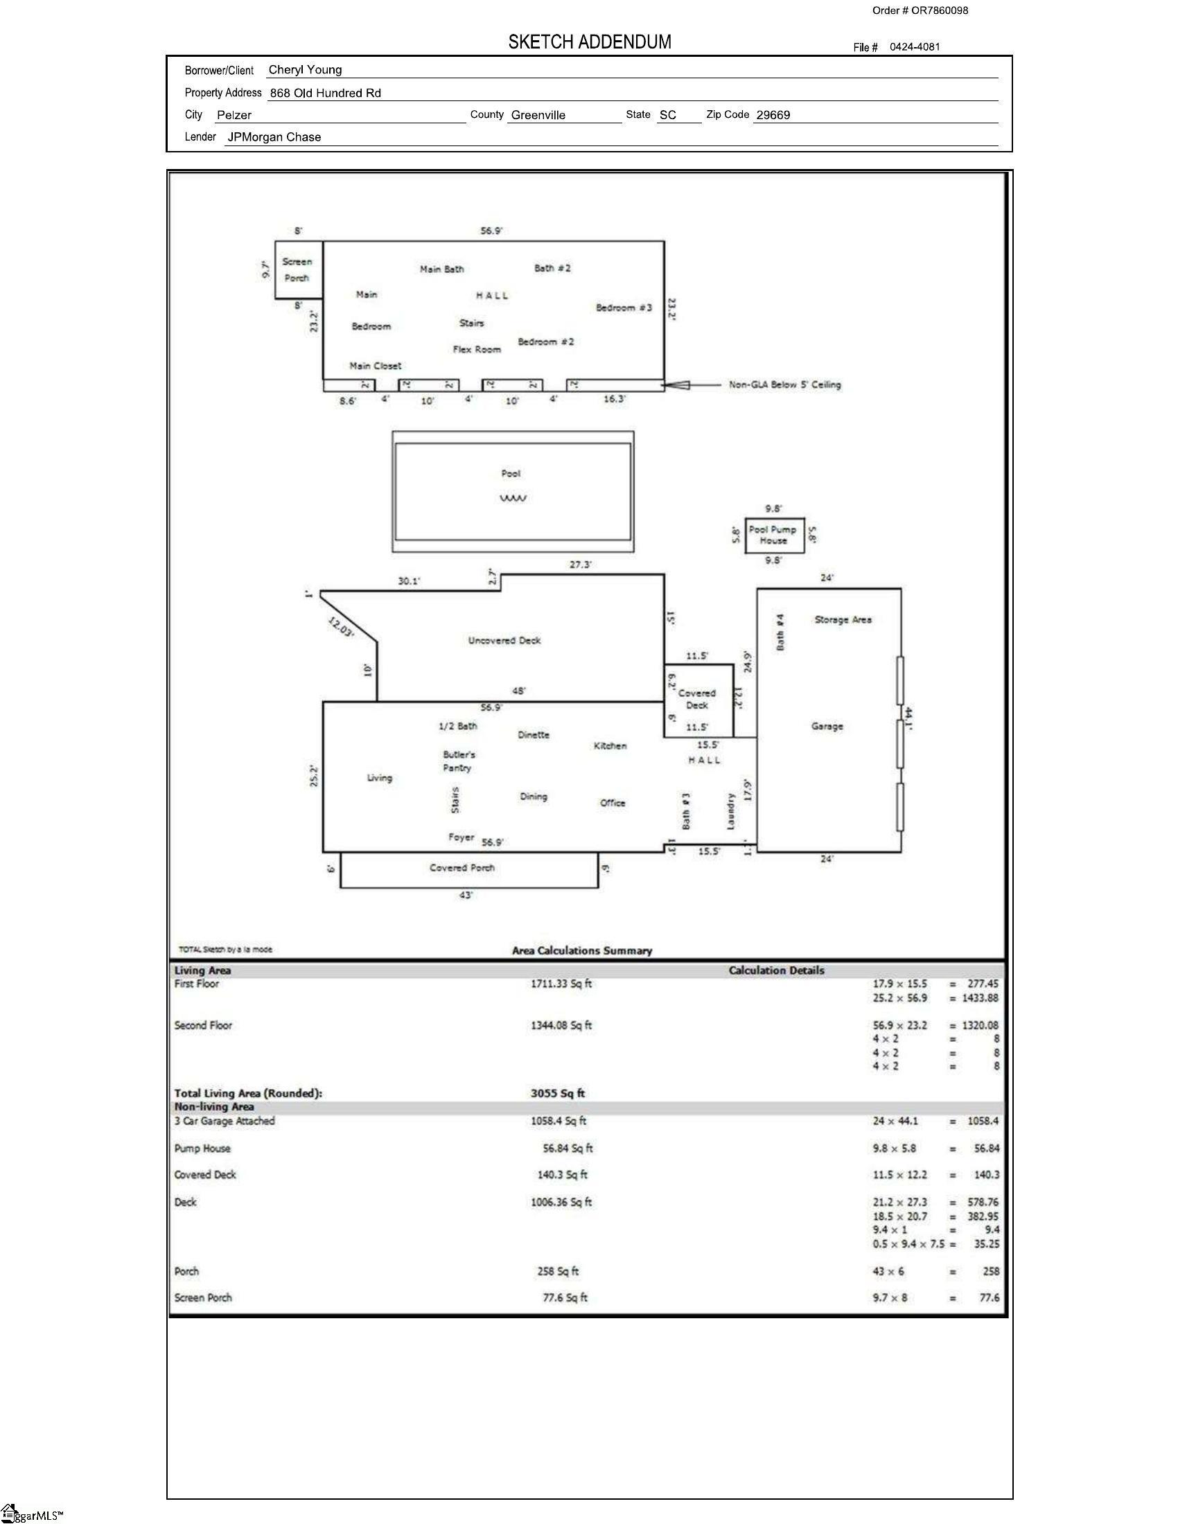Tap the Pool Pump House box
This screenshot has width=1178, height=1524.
click(775, 535)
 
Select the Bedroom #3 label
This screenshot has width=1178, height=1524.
click(624, 308)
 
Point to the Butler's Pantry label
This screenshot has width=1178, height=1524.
click(459, 761)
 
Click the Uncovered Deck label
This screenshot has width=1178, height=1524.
click(504, 641)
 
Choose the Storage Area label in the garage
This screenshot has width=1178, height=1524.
click(843, 620)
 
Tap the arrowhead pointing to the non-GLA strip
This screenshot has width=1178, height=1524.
click(676, 384)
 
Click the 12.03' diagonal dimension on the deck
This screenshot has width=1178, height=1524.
click(341, 628)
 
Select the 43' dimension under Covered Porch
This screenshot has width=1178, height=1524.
click(466, 895)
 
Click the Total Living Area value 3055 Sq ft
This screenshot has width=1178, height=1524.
click(558, 1093)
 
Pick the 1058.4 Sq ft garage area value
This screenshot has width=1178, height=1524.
click(559, 1122)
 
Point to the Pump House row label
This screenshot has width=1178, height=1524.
click(202, 1149)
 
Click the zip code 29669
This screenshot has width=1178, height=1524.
click(773, 115)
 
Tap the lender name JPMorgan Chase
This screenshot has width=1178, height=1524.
click(274, 137)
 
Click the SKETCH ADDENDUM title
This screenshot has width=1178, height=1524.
click(590, 42)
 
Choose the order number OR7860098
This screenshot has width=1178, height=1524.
click(940, 10)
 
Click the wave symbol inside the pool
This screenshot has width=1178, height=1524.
click(513, 498)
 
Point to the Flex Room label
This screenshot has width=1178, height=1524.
click(477, 350)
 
